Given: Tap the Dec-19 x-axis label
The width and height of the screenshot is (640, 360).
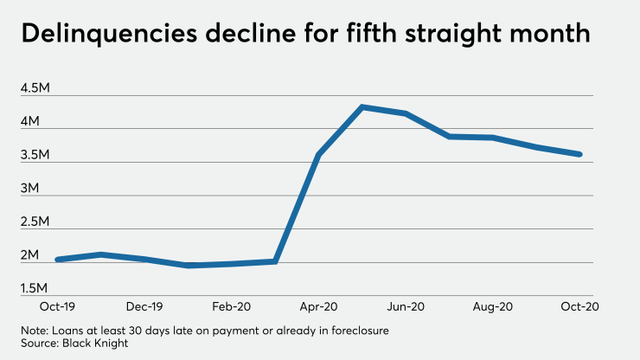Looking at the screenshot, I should pyautogui.click(x=144, y=306).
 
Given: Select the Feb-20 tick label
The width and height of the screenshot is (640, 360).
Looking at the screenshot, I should pyautogui.click(x=231, y=306).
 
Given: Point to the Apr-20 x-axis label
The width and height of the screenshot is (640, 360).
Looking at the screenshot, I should pyautogui.click(x=319, y=306).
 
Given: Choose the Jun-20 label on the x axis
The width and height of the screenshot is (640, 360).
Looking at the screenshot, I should pyautogui.click(x=406, y=306).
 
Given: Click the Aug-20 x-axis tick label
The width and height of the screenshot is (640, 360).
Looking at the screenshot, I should pyautogui.click(x=492, y=306).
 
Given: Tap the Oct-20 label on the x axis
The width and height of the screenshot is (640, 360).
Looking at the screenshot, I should pyautogui.click(x=579, y=306).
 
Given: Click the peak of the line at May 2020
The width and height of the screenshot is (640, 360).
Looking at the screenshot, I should pyautogui.click(x=362, y=106).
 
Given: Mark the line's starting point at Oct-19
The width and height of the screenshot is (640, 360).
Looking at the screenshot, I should pyautogui.click(x=57, y=259).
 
